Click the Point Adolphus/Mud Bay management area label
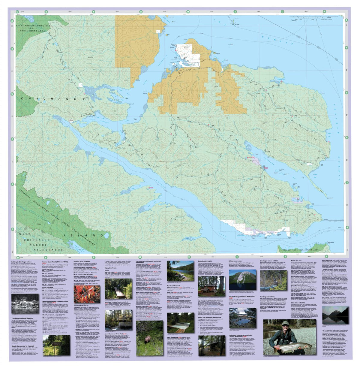click(x=31, y=29)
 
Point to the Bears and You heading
click(x=296, y=261)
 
